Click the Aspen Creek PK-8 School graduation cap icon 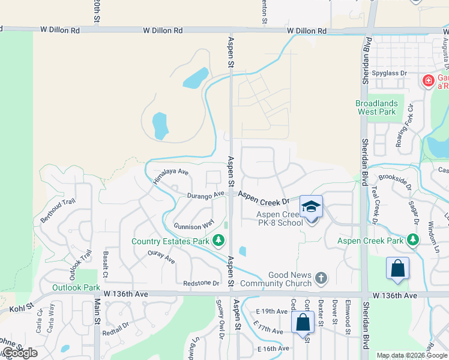tap(311, 206)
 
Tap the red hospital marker tap(428, 80)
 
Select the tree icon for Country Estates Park tap(219, 241)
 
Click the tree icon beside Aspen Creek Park tap(412, 240)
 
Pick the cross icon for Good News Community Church tap(321, 278)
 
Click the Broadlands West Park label tap(376, 107)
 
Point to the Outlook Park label tap(76, 287)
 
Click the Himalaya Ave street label tap(170, 176)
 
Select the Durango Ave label tap(205, 194)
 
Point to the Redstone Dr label tap(201, 283)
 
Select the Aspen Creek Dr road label tap(265, 199)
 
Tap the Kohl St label tap(22, 309)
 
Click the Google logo tap(19, 353)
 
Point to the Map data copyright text tap(412, 355)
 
